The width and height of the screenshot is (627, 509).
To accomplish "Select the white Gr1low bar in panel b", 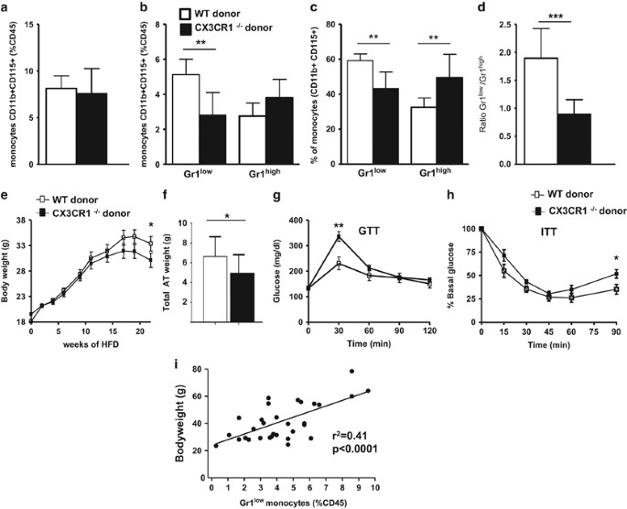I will [212, 120].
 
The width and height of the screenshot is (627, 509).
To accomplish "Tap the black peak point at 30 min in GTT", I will [339, 235].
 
